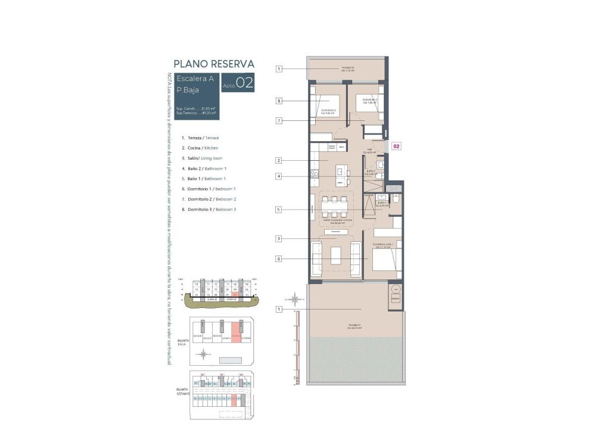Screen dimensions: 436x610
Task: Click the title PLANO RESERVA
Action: pyautogui.click(x=214, y=64)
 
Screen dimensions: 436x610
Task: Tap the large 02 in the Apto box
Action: pyautogui.click(x=245, y=83)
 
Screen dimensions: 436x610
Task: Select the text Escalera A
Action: pyautogui.click(x=195, y=79)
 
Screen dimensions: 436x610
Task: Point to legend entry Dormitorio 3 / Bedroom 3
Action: pyautogui.click(x=208, y=209)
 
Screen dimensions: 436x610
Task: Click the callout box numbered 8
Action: pyautogui.click(x=278, y=101)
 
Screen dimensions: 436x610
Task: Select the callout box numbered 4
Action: pyautogui.click(x=278, y=176)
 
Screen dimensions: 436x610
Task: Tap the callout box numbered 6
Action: pyautogui.click(x=278, y=259)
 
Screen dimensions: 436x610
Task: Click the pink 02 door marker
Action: pyautogui.click(x=397, y=145)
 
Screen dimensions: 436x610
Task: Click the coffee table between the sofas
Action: pyautogui.click(x=337, y=256)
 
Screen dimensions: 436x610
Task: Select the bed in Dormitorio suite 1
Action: pyautogui.click(x=384, y=260)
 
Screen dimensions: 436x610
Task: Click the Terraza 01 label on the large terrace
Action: pyautogui.click(x=356, y=325)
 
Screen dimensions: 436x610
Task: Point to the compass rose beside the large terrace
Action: pyautogui.click(x=292, y=300)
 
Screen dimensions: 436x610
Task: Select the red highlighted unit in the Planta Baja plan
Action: pyautogui.click(x=236, y=334)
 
